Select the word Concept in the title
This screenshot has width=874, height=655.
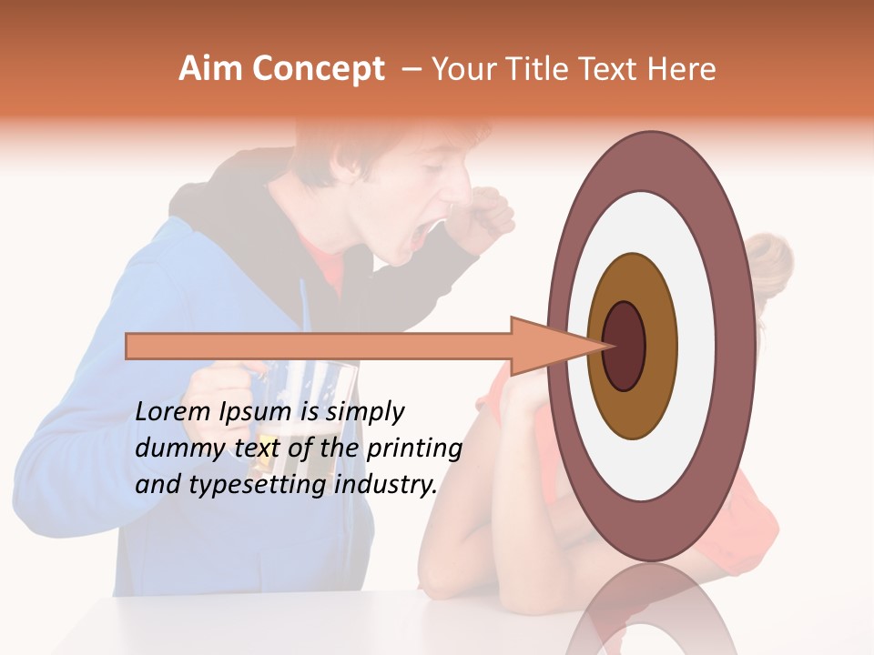(318, 70)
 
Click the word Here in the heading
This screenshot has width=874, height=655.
(682, 69)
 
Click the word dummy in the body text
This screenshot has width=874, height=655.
(173, 448)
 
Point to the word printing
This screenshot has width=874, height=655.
(413, 448)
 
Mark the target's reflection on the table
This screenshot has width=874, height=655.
(651, 614)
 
